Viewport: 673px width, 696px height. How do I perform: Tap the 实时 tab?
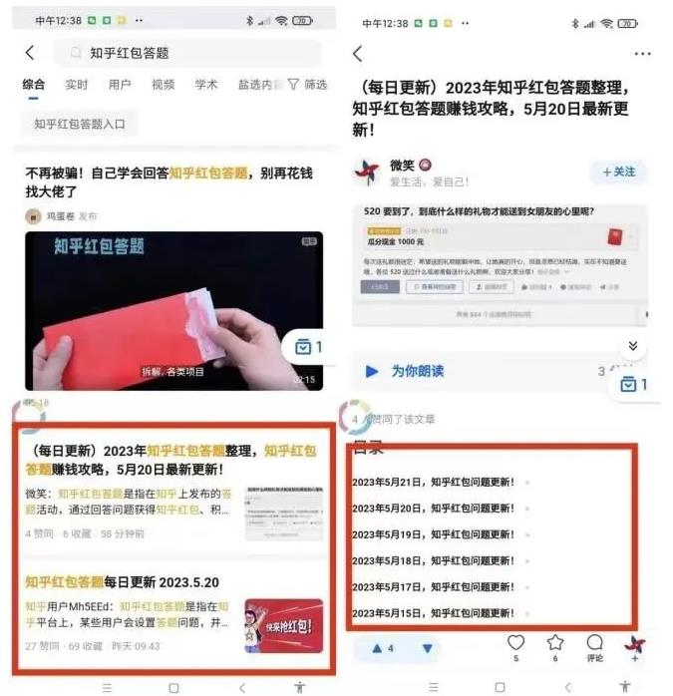77,85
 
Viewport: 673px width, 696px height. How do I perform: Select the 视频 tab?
163,85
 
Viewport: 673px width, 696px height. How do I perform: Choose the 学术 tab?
206,85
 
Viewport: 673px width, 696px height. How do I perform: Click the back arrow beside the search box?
30,53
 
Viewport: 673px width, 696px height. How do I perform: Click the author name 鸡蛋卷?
60,215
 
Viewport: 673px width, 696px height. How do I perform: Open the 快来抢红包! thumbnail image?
284,625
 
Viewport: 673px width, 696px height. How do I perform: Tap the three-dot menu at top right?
642,54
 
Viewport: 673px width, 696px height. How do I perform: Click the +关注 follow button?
618,173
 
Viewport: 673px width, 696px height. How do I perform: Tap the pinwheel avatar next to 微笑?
367,173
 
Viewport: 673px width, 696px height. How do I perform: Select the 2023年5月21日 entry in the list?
433,483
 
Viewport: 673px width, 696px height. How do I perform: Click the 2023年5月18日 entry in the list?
433,560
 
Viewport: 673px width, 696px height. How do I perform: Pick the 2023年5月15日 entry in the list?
433,612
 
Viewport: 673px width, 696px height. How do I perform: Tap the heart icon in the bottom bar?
515,643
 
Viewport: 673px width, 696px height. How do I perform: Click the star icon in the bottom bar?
555,643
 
